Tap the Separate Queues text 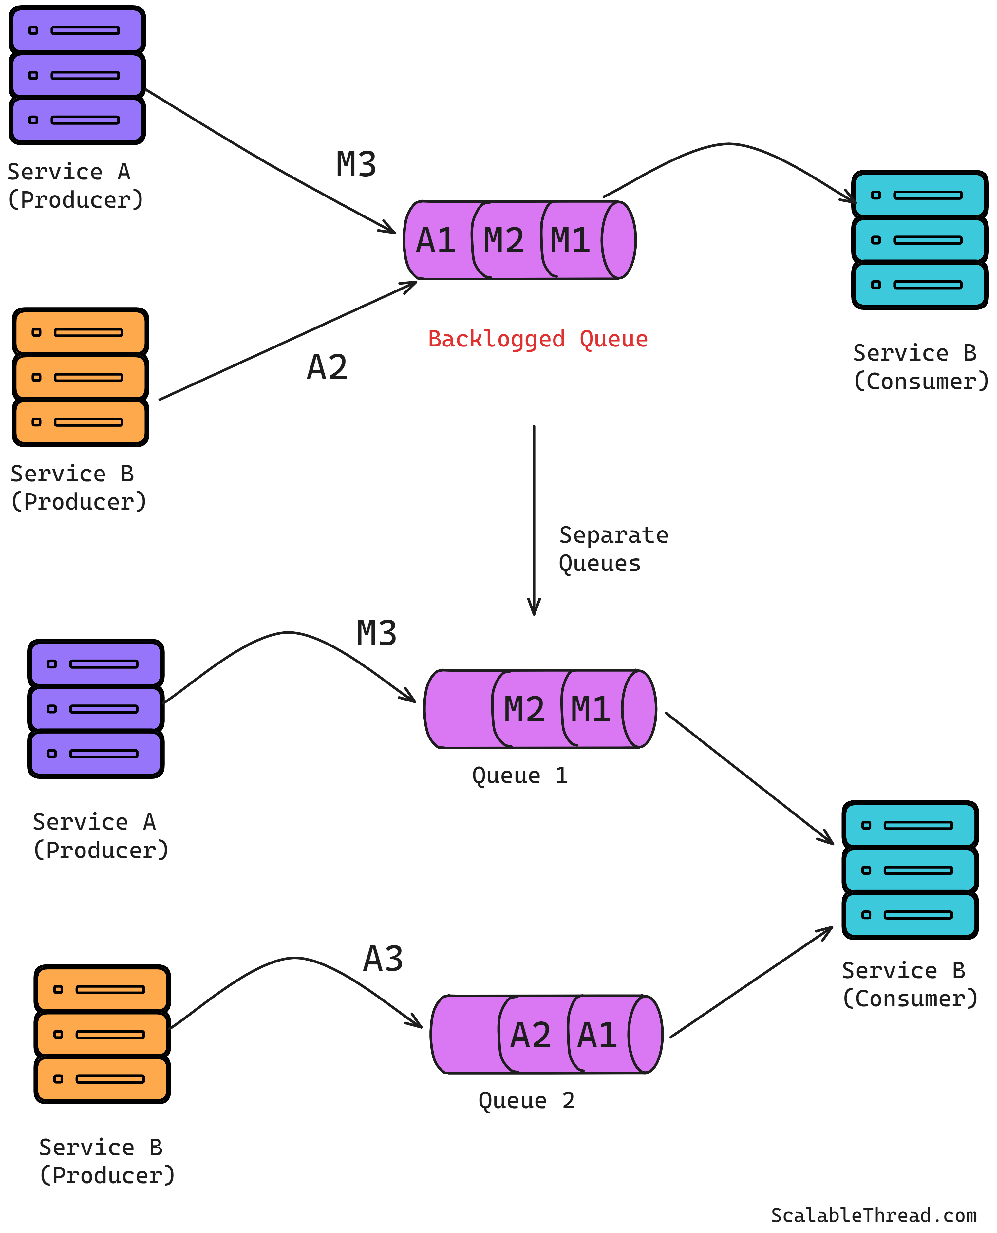[613, 549]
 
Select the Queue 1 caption [520, 775]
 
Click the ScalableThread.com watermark [874, 1215]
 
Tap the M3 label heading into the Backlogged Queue [356, 164]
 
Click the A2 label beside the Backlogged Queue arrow [327, 367]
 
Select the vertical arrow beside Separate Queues [534, 520]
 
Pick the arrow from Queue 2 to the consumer [751, 982]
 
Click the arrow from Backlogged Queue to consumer [729, 143]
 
